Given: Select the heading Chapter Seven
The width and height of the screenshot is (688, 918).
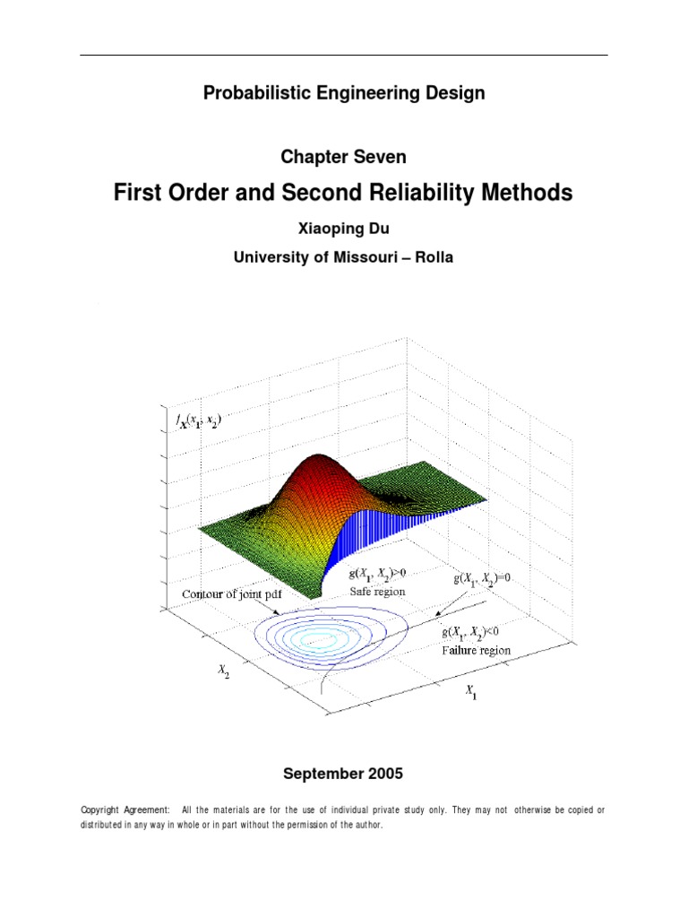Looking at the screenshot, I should (x=343, y=157).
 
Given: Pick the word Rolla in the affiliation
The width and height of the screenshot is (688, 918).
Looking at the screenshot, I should (x=433, y=257).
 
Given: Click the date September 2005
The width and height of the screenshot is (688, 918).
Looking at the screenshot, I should (x=343, y=773).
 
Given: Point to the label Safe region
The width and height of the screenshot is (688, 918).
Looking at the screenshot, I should (x=379, y=592).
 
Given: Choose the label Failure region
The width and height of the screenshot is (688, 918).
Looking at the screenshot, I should (x=476, y=650).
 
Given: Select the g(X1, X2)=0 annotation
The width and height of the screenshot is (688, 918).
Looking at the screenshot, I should (x=481, y=579).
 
